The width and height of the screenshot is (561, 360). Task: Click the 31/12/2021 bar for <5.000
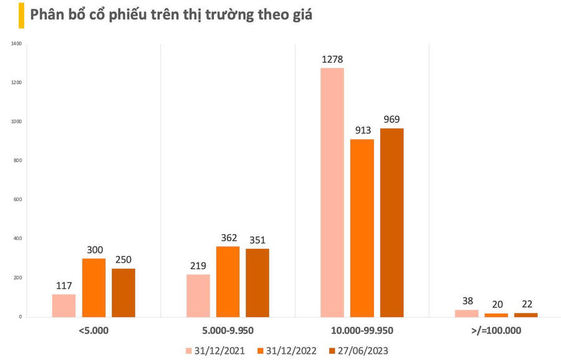(x=64, y=305)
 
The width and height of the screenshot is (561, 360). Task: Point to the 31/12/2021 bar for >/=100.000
(x=466, y=313)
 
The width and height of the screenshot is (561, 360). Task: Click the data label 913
(x=363, y=131)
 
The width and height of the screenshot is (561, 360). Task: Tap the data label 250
(x=123, y=260)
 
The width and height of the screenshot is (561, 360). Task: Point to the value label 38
(x=467, y=300)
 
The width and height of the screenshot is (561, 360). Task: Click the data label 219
(x=198, y=265)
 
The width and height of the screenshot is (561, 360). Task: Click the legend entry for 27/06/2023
(x=358, y=351)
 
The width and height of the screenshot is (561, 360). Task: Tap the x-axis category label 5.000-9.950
(x=228, y=329)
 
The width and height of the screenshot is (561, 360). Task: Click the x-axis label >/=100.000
(x=496, y=329)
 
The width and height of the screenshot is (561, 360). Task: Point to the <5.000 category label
(x=93, y=329)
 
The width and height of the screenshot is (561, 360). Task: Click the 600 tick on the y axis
(x=17, y=199)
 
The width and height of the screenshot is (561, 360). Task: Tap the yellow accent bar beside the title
(x=21, y=15)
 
